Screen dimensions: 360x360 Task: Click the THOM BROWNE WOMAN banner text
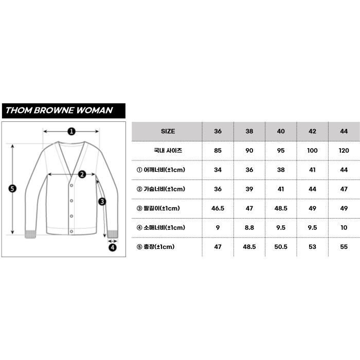pos(59,110)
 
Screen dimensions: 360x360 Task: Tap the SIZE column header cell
pos(168,131)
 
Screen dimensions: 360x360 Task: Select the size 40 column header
pos(281,131)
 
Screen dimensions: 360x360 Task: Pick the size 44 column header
pos(344,131)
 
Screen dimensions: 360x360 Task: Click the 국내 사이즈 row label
pos(168,151)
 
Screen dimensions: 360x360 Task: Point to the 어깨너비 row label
pos(168,170)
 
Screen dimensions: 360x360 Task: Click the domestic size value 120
pos(344,151)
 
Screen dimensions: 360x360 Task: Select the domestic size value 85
pos(218,151)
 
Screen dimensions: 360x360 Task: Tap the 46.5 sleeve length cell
pos(218,208)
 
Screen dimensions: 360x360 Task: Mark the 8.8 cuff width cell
pos(249,227)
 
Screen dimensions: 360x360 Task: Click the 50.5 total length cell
pos(281,247)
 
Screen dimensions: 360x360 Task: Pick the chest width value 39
pos(249,189)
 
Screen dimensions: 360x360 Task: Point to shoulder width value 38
pos(281,170)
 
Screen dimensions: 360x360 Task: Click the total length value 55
pos(344,247)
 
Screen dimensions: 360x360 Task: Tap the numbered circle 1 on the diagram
pos(71,131)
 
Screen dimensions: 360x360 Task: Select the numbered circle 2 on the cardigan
pos(82,174)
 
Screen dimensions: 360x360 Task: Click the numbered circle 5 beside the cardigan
pos(13,188)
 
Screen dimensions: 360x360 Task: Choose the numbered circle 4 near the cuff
pos(113,247)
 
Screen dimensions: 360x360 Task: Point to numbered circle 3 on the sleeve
pos(102,201)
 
